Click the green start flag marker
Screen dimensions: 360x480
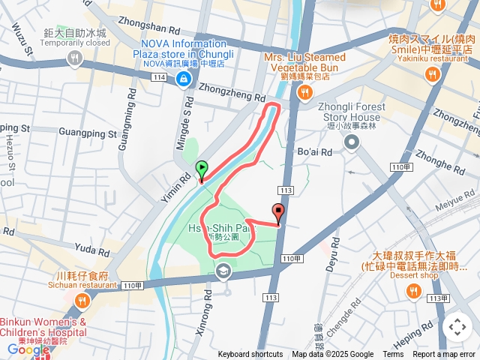tap(201, 169)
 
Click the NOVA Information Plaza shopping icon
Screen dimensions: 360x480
tap(182, 78)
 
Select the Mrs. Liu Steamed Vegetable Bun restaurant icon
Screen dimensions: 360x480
tap(304, 91)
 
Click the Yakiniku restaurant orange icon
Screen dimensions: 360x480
tap(432, 73)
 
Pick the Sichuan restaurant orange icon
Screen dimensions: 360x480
tap(82, 301)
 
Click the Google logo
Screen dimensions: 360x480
tap(28, 349)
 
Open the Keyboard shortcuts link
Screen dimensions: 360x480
tap(250, 355)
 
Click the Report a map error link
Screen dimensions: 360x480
tap(445, 355)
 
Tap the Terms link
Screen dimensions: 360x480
tap(393, 355)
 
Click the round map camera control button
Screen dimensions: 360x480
tap(457, 327)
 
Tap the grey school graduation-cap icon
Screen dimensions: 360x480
tap(223, 270)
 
